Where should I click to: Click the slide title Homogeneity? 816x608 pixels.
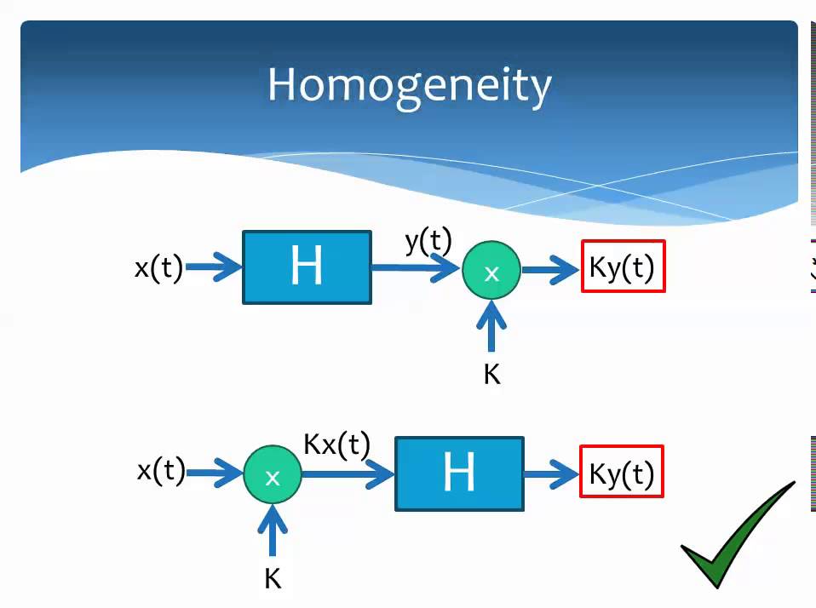pos(410,86)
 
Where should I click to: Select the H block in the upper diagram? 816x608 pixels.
pos(307,267)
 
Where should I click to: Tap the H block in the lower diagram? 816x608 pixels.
pos(459,473)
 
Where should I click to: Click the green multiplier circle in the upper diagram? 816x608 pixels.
pos(491,270)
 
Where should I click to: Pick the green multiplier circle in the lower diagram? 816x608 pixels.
pos(273,474)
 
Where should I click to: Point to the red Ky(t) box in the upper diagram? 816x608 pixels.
pos(623,266)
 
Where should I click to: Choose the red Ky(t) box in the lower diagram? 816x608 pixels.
pos(622,471)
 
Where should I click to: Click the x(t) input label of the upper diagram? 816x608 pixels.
pos(158,268)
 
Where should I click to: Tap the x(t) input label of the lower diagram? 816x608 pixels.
pos(161,471)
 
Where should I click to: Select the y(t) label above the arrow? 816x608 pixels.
pos(428,242)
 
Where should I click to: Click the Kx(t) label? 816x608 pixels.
pos(336,445)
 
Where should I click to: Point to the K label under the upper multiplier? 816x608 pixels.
pos(491,374)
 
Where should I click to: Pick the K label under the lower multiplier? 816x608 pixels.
pos(273,578)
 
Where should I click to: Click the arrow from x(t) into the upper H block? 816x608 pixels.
pos(214,267)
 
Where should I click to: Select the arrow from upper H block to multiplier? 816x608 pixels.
pos(416,268)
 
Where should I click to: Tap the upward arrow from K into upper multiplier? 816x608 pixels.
pos(491,326)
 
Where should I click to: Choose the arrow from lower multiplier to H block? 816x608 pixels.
pos(348,473)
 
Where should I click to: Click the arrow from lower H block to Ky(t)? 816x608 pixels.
pos(552,473)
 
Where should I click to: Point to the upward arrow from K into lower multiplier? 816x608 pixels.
pos(273,531)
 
